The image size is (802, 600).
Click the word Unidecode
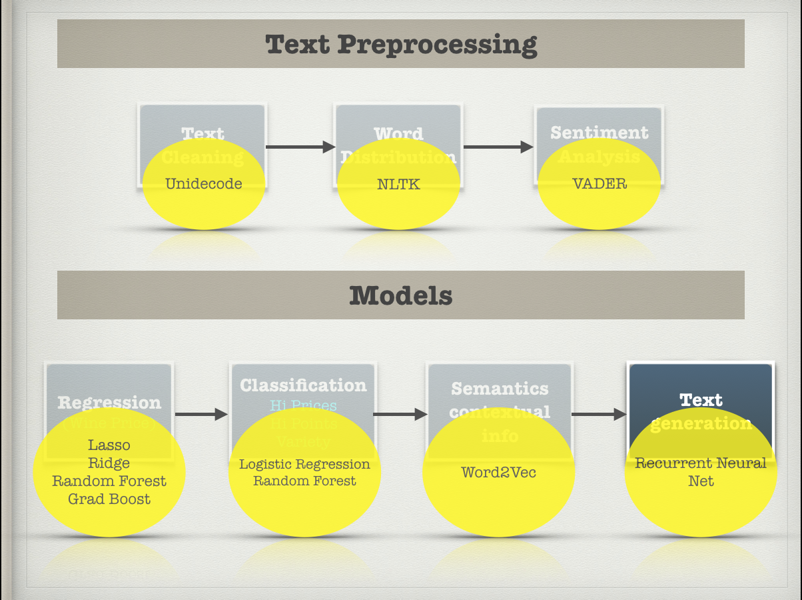tap(203, 184)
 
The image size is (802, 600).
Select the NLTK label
tap(398, 184)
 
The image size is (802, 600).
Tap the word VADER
tap(600, 184)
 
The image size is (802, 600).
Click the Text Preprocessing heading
tap(401, 45)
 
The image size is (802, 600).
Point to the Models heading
tap(401, 295)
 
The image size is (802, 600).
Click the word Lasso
tap(109, 445)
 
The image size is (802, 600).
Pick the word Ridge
tap(109, 463)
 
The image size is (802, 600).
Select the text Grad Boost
tap(109, 499)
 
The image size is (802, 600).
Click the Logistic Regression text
tap(304, 464)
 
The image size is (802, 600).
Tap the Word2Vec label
tap(498, 473)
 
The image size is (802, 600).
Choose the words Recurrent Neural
tap(701, 463)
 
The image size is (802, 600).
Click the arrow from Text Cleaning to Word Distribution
tap(300, 147)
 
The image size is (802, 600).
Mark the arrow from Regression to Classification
tap(201, 414)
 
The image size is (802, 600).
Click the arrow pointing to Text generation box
tap(599, 414)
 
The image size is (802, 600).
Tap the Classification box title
tap(303, 385)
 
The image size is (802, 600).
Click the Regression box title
tap(109, 403)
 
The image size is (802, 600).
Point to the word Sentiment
tap(600, 133)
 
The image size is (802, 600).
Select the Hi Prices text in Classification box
tap(303, 405)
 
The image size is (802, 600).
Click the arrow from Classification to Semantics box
tap(400, 414)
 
